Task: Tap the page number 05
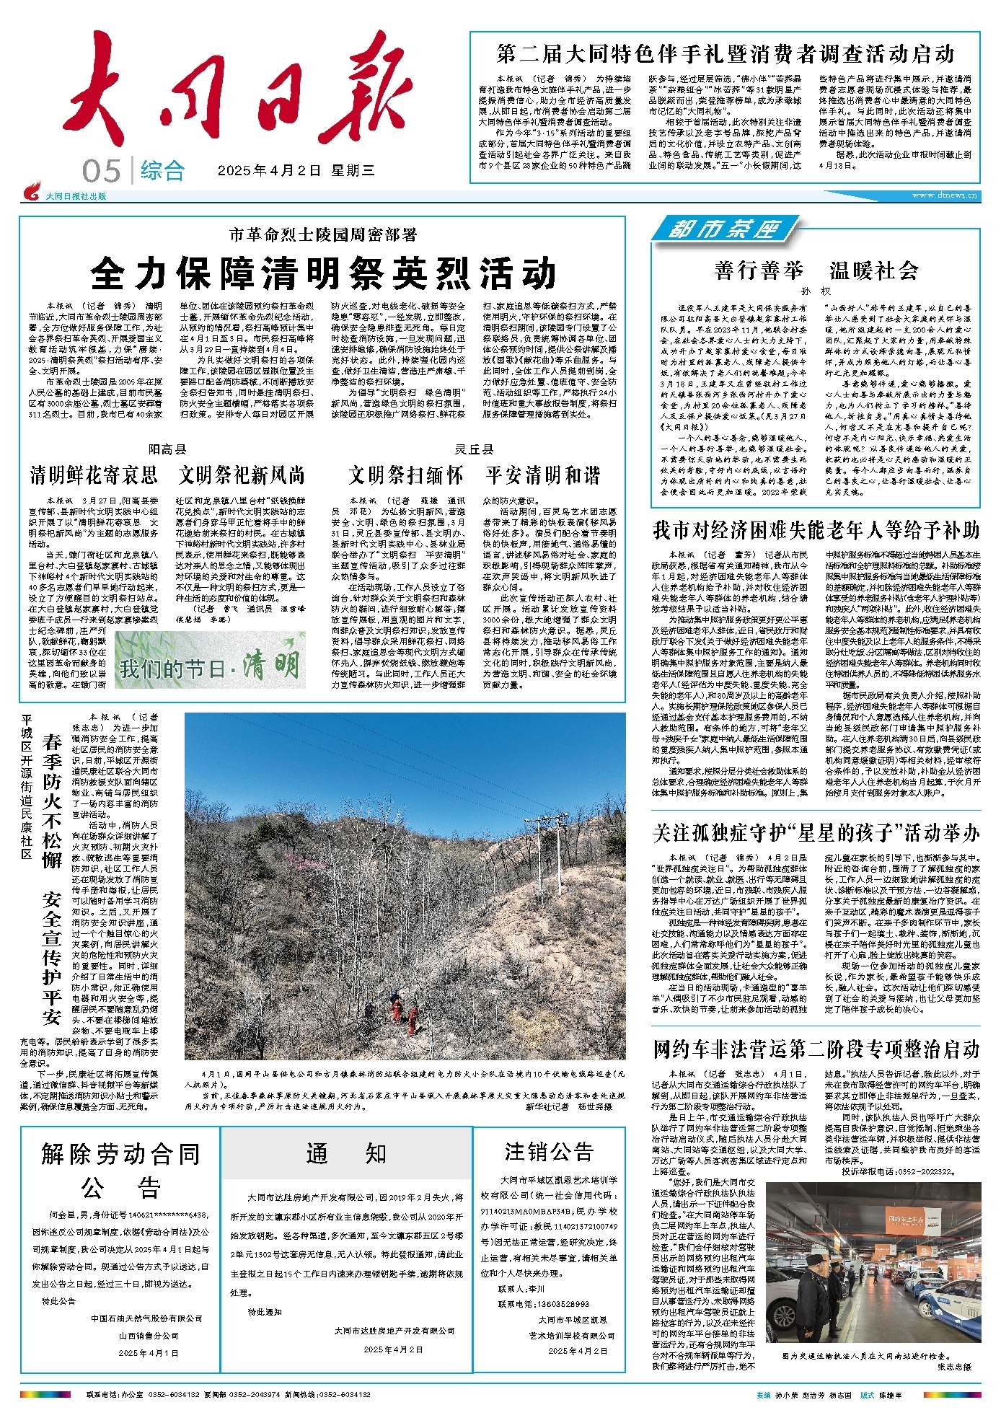101,171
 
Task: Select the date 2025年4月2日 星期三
296,171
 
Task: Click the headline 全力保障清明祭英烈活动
324,273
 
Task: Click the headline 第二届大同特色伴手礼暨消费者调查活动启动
725,54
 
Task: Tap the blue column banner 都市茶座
724,230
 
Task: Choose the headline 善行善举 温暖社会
816,270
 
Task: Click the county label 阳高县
167,449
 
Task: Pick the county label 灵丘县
474,449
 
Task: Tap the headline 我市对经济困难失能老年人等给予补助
816,530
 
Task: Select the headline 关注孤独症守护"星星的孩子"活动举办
816,833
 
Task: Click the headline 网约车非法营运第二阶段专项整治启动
816,1049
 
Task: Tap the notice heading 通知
346,1153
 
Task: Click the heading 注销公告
549,1152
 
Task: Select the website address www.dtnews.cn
944,195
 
